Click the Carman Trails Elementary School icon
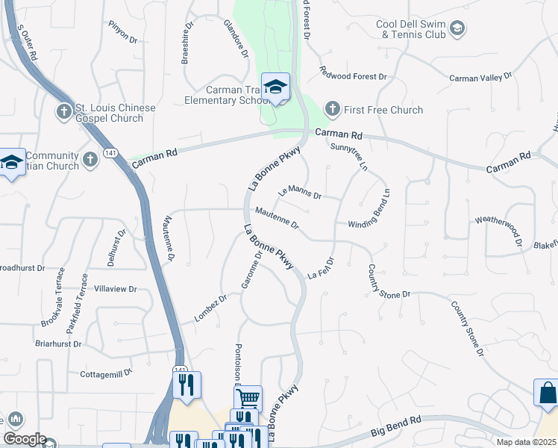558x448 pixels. click(275, 87)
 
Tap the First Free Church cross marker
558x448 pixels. click(333, 110)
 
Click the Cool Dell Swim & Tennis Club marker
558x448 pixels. click(457, 29)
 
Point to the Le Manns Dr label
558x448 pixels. click(299, 193)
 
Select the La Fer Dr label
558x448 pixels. click(319, 269)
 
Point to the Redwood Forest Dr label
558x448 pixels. click(354, 76)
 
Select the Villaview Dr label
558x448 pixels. click(113, 289)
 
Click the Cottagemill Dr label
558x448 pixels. click(105, 372)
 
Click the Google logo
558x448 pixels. click(24, 439)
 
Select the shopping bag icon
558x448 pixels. click(547, 393)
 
